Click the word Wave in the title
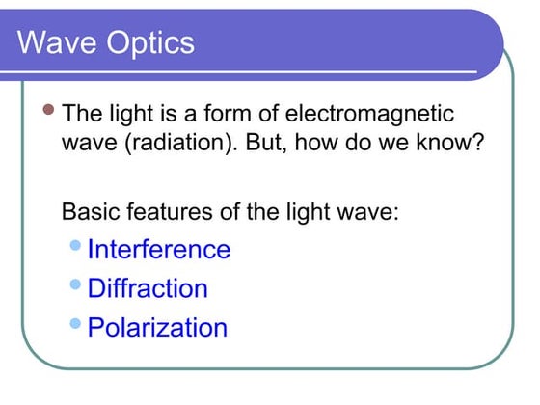54,42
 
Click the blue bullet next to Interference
77,246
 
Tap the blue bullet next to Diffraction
77,284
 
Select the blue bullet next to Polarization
77,323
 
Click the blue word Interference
159,250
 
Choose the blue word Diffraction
148,288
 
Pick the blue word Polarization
157,327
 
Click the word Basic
90,210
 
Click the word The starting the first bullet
81,114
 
